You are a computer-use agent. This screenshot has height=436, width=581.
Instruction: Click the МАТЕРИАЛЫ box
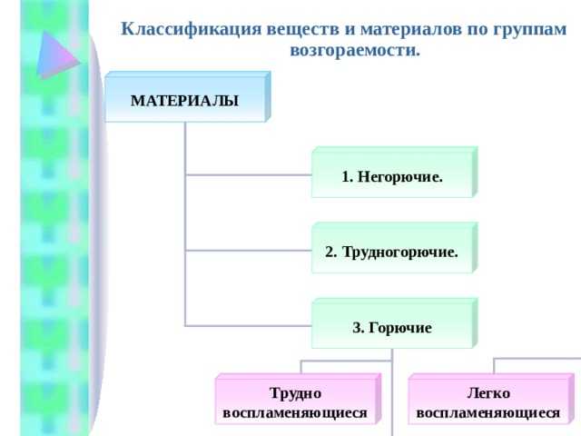pos(185,100)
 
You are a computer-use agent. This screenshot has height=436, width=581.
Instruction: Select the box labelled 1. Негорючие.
pos(392,175)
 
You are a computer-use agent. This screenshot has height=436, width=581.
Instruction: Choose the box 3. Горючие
pos(392,326)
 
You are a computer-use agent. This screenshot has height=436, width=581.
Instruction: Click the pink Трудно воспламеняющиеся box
pos(295,402)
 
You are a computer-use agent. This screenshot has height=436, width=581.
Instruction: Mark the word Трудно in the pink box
pos(295,393)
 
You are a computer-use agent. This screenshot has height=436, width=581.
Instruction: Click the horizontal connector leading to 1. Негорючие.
pos(248,173)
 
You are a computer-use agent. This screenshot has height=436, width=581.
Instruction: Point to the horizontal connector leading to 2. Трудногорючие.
pos(248,249)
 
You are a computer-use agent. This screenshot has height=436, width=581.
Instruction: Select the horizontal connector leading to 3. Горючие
pos(248,324)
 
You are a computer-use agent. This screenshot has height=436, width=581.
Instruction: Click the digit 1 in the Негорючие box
pos(346,176)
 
